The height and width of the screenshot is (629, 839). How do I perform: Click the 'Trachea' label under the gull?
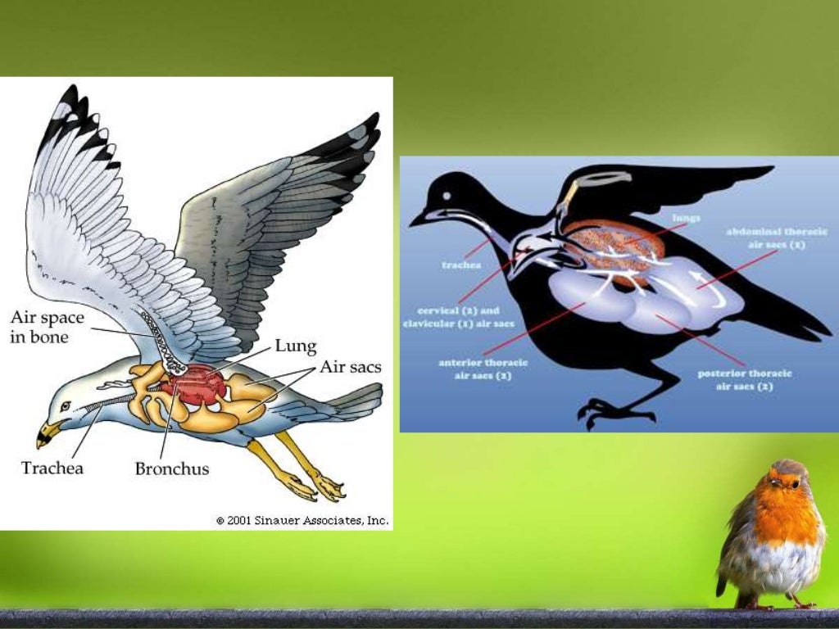click(x=52, y=469)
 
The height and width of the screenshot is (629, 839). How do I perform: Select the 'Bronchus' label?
click(x=171, y=469)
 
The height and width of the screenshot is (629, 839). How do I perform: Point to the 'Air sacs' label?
click(x=350, y=367)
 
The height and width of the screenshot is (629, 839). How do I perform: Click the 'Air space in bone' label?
click(x=47, y=327)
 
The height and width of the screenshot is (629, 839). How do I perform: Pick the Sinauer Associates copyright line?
click(x=302, y=520)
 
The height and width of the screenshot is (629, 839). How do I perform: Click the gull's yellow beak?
click(x=48, y=432)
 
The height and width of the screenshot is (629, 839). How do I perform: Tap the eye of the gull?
click(x=66, y=405)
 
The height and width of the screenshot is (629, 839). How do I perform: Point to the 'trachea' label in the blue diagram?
click(x=462, y=265)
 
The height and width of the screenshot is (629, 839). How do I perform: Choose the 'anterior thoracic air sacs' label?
click(x=483, y=369)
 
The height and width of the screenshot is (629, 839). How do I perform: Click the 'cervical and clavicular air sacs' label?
click(x=459, y=317)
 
